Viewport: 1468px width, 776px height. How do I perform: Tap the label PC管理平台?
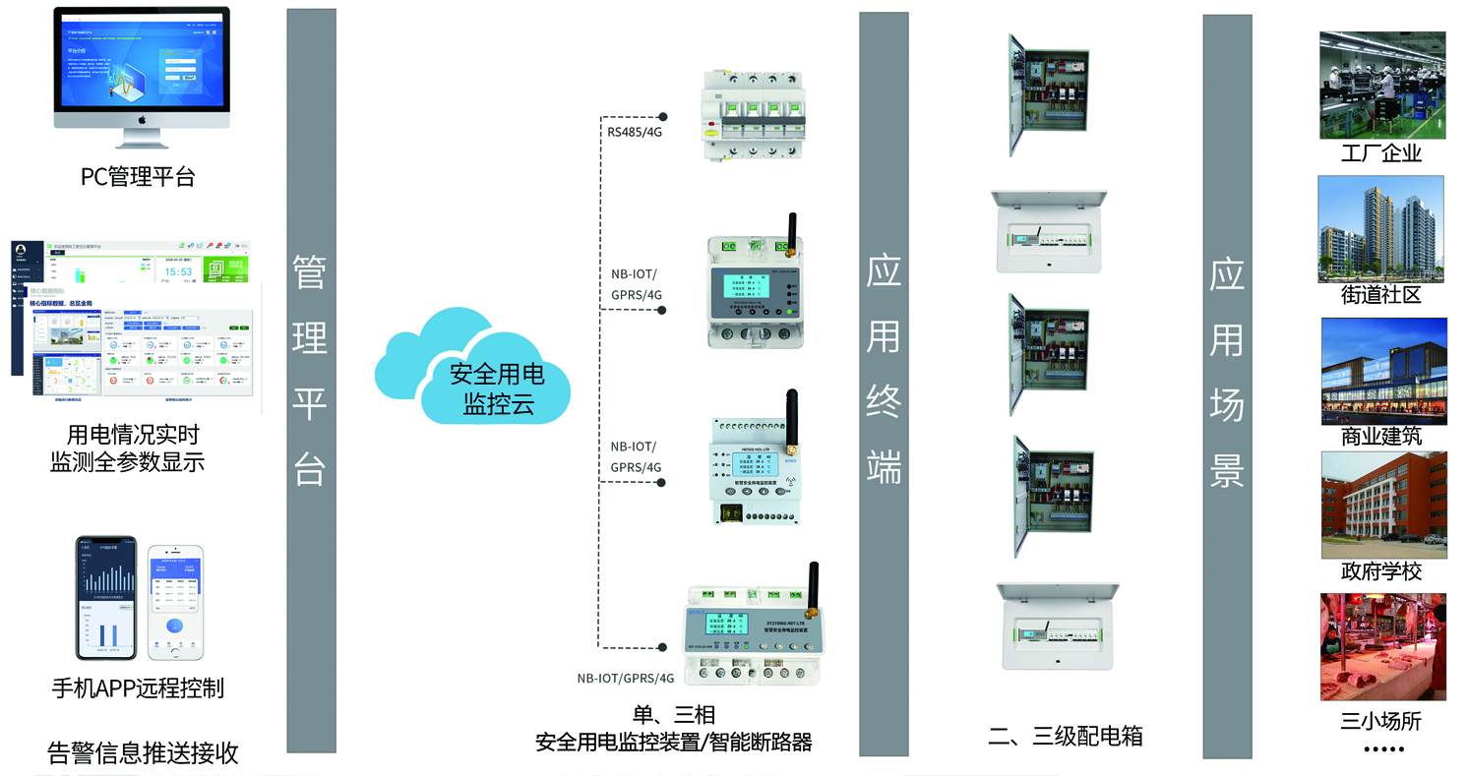[x=138, y=177]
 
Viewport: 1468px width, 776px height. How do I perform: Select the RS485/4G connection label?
[x=635, y=130]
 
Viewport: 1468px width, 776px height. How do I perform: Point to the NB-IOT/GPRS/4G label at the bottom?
[x=626, y=678]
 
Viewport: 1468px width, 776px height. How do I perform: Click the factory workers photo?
[x=1382, y=86]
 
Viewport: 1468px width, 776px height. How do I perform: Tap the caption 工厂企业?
[x=1381, y=154]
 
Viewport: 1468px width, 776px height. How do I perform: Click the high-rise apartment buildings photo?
[x=1380, y=229]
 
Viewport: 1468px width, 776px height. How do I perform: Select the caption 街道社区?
[x=1381, y=295]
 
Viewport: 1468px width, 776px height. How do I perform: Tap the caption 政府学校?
[x=1381, y=571]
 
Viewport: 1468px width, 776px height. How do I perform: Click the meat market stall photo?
[x=1382, y=646]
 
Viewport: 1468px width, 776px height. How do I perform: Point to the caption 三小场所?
[x=1381, y=721]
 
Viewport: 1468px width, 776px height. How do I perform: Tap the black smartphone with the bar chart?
[x=106, y=598]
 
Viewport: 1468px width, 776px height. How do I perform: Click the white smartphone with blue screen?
[x=175, y=602]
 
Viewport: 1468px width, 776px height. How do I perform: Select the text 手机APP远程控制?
[x=138, y=688]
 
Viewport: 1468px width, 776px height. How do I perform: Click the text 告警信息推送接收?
[x=144, y=753]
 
